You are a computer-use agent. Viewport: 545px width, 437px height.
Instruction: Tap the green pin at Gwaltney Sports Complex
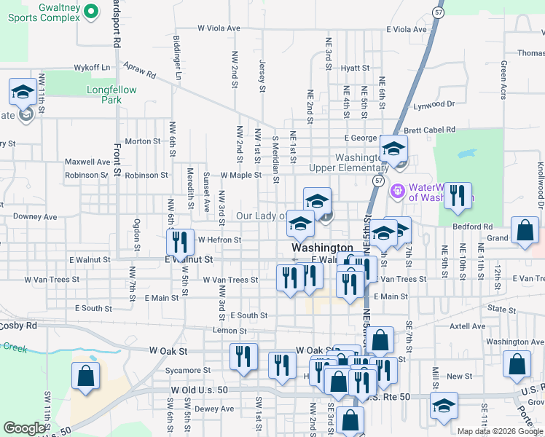click(x=91, y=11)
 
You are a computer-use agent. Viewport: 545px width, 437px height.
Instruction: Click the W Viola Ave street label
click(x=219, y=28)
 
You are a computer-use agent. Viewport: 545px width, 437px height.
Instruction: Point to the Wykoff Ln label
click(x=91, y=67)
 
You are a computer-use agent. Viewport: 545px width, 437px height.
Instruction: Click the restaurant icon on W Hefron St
click(x=179, y=242)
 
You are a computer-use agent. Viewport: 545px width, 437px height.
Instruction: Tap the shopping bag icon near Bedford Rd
click(x=524, y=231)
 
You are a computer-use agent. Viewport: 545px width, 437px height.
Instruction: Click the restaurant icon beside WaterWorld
click(x=457, y=196)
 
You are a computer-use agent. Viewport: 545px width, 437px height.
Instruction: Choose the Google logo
click(x=25, y=428)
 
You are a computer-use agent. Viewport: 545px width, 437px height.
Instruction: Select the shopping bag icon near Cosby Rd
click(x=85, y=377)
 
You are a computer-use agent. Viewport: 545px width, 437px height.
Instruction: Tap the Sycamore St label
click(x=188, y=370)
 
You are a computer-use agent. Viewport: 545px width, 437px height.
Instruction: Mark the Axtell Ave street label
click(x=467, y=326)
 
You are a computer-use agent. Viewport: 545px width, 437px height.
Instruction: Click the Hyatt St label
click(x=356, y=68)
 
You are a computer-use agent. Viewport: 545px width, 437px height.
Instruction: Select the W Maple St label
click(x=241, y=176)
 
